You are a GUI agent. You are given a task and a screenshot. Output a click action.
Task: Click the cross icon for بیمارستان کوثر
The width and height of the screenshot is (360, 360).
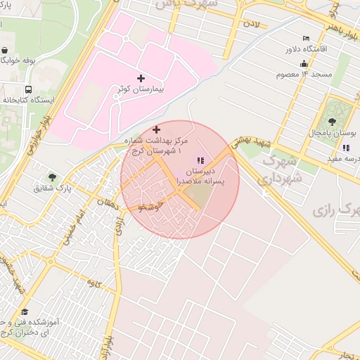141,78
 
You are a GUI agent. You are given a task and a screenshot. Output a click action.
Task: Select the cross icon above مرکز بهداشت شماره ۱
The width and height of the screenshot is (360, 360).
156,129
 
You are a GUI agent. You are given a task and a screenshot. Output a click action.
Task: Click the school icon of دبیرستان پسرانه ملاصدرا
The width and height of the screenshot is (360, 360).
200,161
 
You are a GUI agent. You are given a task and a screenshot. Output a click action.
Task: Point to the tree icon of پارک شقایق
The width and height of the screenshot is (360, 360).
52,176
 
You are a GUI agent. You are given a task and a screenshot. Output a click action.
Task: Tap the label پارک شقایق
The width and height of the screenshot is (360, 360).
53,188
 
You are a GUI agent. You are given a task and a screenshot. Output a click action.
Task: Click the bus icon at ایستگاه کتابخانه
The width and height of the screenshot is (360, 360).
28,89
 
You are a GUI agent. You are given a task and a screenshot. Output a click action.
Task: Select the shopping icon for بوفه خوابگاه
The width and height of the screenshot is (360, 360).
6,51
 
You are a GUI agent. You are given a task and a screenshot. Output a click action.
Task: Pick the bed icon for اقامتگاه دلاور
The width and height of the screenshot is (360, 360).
305,38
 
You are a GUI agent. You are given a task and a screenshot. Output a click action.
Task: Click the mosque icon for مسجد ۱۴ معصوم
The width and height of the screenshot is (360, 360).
304,63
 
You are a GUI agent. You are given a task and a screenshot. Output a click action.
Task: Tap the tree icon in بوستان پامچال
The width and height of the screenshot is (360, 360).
333,109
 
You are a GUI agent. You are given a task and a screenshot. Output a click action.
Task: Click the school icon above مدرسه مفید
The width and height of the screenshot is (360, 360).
345,148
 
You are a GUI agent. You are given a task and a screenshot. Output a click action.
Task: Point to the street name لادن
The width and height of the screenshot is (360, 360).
252,25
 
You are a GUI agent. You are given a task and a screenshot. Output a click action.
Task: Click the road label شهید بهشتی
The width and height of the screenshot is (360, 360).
254,142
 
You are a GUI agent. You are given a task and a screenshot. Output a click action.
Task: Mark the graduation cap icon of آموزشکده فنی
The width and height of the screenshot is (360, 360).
25,311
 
